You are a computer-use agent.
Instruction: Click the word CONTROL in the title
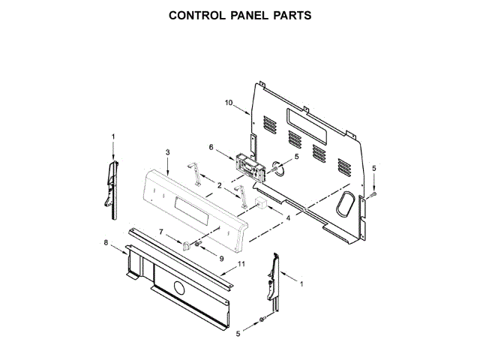pos(196,15)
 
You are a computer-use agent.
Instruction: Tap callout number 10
pos(229,103)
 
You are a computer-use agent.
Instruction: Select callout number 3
pos(167,152)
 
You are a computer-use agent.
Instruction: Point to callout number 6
pos(211,147)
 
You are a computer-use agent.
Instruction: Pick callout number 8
pos(106,242)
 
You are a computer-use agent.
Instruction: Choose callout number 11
pos(241,264)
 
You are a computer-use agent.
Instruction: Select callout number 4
pos(287,218)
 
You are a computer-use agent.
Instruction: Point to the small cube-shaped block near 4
pos(262,204)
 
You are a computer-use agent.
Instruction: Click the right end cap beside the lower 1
pos(272,283)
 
